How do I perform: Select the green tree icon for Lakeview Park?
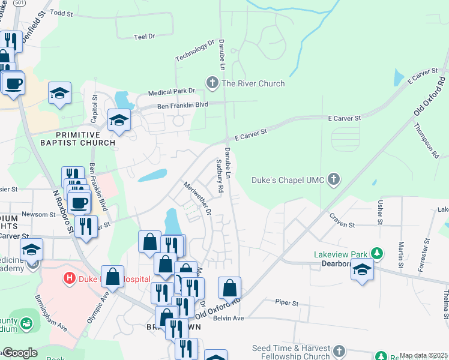pos(376,253)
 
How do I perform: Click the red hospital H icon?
pos(70,278)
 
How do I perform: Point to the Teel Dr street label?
pos(145,37)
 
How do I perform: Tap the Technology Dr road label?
pos(194,50)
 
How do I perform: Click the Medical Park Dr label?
pos(172,91)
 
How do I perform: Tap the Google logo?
pos(19,353)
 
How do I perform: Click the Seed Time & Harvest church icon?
pos(339,350)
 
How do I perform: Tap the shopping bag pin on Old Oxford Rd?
pos(230,288)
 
